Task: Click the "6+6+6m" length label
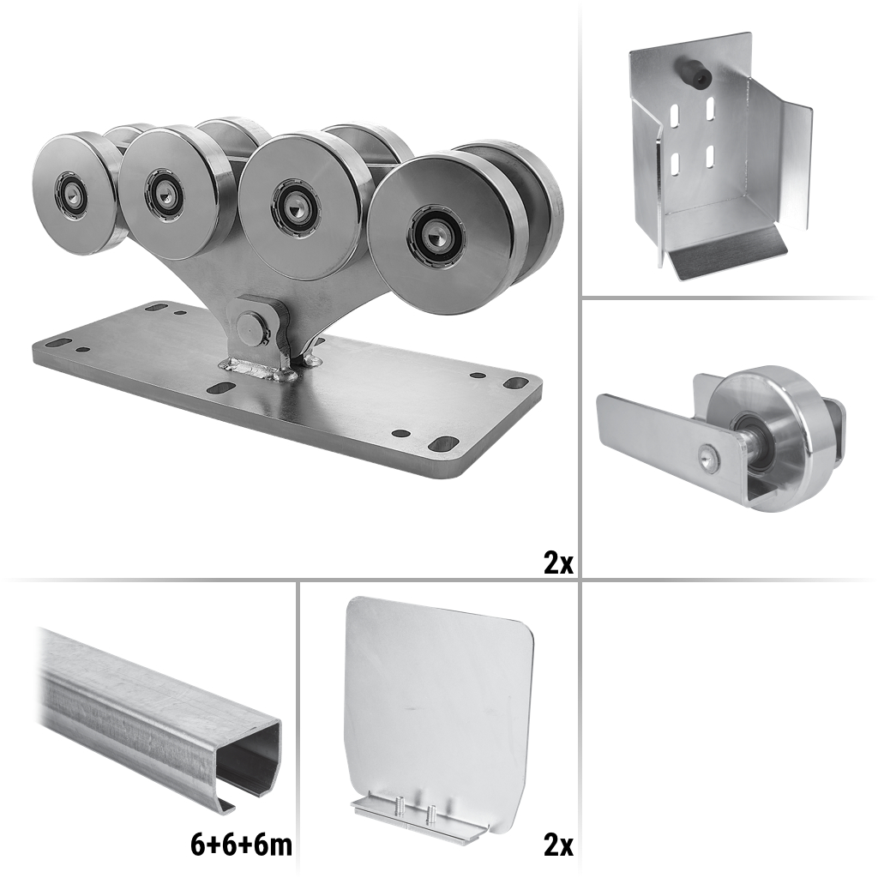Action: pos(241,845)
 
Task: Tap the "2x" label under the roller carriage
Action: pos(558,563)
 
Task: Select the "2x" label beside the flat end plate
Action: pos(558,845)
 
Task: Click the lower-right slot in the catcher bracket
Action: pos(710,156)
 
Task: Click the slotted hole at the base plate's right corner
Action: pos(443,443)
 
